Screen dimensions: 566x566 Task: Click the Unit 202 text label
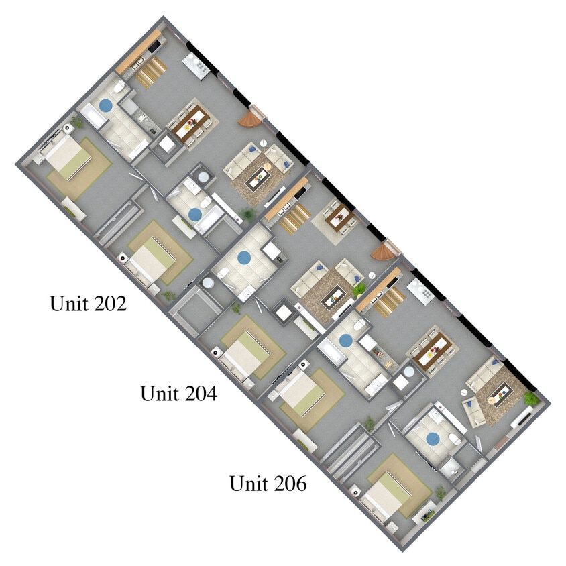pos(88,304)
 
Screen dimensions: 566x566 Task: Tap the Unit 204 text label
pos(178,393)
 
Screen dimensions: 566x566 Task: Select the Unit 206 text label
pos(268,483)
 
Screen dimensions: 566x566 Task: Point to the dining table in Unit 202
pos(191,124)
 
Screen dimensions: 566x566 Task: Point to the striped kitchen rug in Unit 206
pos(389,300)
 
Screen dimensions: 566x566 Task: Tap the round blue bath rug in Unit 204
pos(243,256)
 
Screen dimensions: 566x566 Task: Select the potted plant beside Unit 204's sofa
pos(360,288)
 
